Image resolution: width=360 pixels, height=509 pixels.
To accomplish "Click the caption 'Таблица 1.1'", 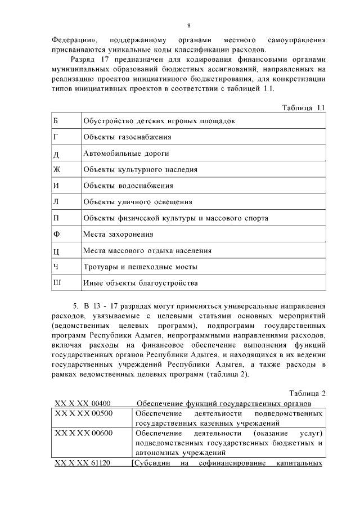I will point(303,107).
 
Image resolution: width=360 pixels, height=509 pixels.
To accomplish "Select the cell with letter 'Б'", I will point(55,121).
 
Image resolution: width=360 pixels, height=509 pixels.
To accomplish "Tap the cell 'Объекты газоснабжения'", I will point(127,137).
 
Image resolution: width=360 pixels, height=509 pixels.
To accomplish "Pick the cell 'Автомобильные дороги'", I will point(126,153).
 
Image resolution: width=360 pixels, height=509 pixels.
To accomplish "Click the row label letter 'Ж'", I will point(56,169).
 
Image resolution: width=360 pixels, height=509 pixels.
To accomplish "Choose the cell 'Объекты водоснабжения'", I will point(128,185).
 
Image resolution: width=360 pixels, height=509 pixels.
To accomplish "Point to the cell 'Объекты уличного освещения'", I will point(137,201).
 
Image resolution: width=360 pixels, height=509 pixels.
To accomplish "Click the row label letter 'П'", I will point(56,218).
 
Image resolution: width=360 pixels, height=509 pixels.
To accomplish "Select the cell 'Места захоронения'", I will point(118,234).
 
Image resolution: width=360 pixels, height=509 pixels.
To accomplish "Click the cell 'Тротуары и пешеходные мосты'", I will point(140,267).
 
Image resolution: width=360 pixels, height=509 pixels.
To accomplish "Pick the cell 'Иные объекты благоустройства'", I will point(141,283).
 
